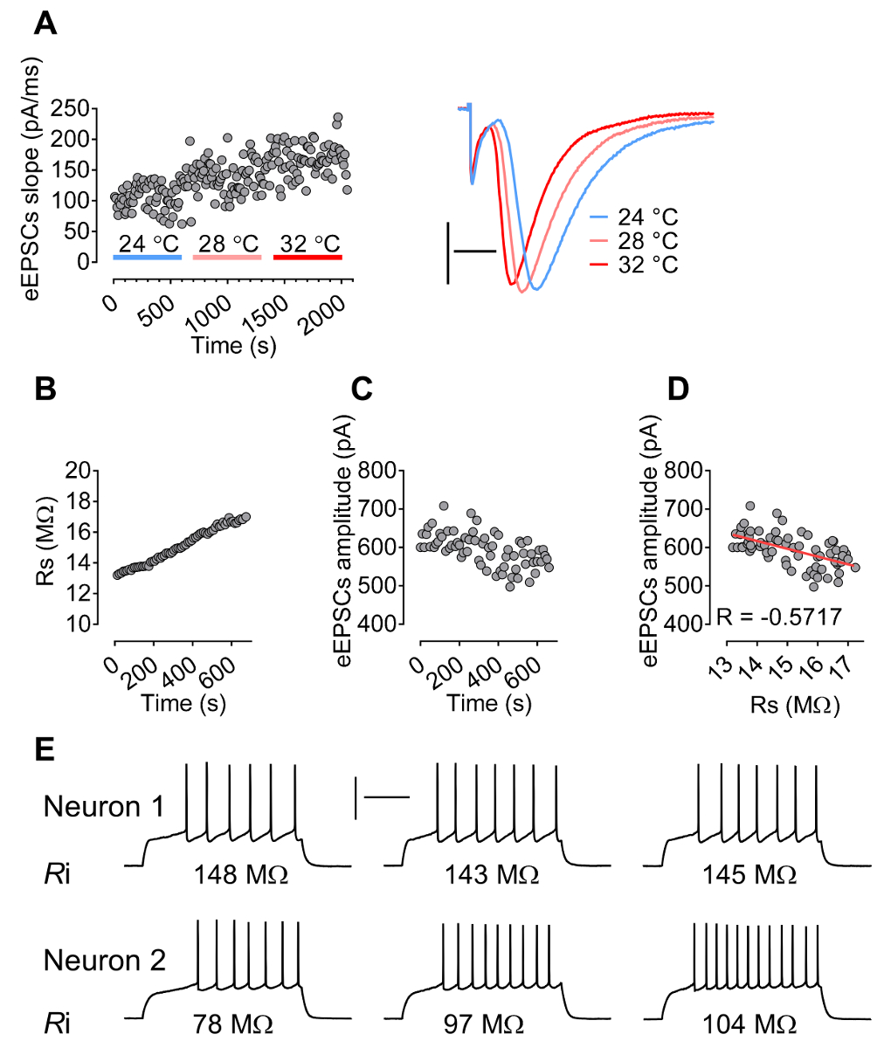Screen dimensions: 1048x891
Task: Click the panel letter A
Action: (x=45, y=24)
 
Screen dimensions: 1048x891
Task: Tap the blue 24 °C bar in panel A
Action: (x=147, y=258)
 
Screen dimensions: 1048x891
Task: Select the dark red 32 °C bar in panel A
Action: (x=307, y=258)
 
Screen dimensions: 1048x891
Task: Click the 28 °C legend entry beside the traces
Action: (x=646, y=241)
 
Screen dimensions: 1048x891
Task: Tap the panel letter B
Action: (x=45, y=390)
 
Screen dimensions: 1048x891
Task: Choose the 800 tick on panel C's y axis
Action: (x=382, y=471)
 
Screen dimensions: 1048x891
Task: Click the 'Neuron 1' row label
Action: (x=104, y=806)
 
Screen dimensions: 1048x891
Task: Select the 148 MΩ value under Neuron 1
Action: (x=241, y=874)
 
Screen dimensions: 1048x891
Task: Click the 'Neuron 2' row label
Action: (x=104, y=961)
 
